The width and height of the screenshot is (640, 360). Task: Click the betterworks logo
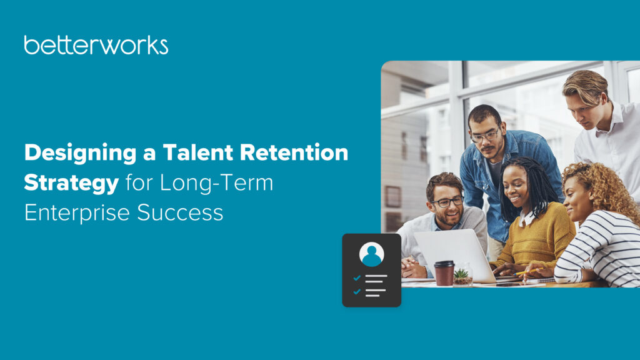pyautogui.click(x=96, y=45)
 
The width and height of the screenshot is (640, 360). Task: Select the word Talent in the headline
pyautogui.click(x=198, y=152)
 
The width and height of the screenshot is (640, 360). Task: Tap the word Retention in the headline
pyautogui.click(x=294, y=152)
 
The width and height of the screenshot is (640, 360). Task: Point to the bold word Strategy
pyautogui.click(x=71, y=184)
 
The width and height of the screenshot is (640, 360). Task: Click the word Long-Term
pyautogui.click(x=216, y=182)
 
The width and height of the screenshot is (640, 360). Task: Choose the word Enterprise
pyautogui.click(x=77, y=213)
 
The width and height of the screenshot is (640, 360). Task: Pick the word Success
pyautogui.click(x=180, y=212)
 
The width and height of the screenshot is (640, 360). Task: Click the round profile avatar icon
pyautogui.click(x=371, y=254)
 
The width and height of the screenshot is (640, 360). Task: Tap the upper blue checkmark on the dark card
pyautogui.click(x=357, y=278)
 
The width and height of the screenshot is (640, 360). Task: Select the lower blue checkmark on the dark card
pyautogui.click(x=357, y=291)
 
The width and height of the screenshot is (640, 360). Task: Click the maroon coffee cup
pyautogui.click(x=444, y=273)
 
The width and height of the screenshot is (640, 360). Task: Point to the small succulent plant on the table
pyautogui.click(x=462, y=276)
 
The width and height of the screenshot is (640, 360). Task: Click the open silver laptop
pyautogui.click(x=455, y=255)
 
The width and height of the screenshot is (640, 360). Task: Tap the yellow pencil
pyautogui.click(x=528, y=271)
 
